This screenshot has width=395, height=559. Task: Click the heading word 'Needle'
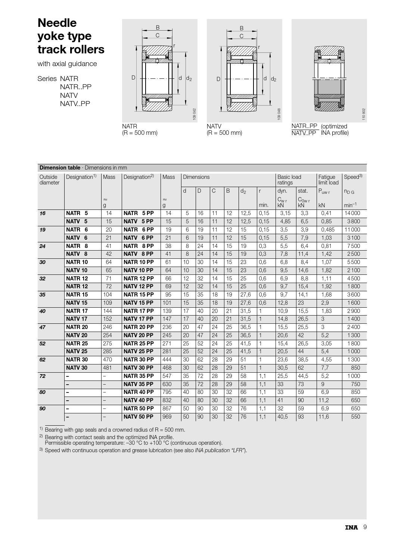pyautogui.click(x=57, y=23)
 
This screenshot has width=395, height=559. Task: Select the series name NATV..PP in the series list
pyautogui.click(x=75, y=103)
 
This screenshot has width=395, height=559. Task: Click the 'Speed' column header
pyautogui.click(x=353, y=177)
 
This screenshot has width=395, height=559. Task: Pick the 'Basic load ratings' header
pyautogui.click(x=289, y=180)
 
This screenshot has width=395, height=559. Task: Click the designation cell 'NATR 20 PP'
pyautogui.click(x=139, y=327)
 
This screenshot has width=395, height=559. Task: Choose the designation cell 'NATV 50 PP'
pyautogui.click(x=139, y=417)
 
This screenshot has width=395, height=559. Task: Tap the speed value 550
pyautogui.click(x=355, y=417)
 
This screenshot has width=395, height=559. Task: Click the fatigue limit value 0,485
pyautogui.click(x=328, y=230)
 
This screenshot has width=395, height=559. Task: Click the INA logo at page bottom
pyautogui.click(x=351, y=527)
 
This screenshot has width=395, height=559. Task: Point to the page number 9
pyautogui.click(x=365, y=527)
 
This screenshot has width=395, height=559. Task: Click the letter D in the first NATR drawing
pyautogui.click(x=133, y=78)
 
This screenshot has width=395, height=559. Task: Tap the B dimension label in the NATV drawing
pyautogui.click(x=241, y=28)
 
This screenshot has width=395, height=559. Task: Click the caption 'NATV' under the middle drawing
pyautogui.click(x=214, y=127)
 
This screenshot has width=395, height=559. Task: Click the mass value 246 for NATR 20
pyautogui.click(x=108, y=327)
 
